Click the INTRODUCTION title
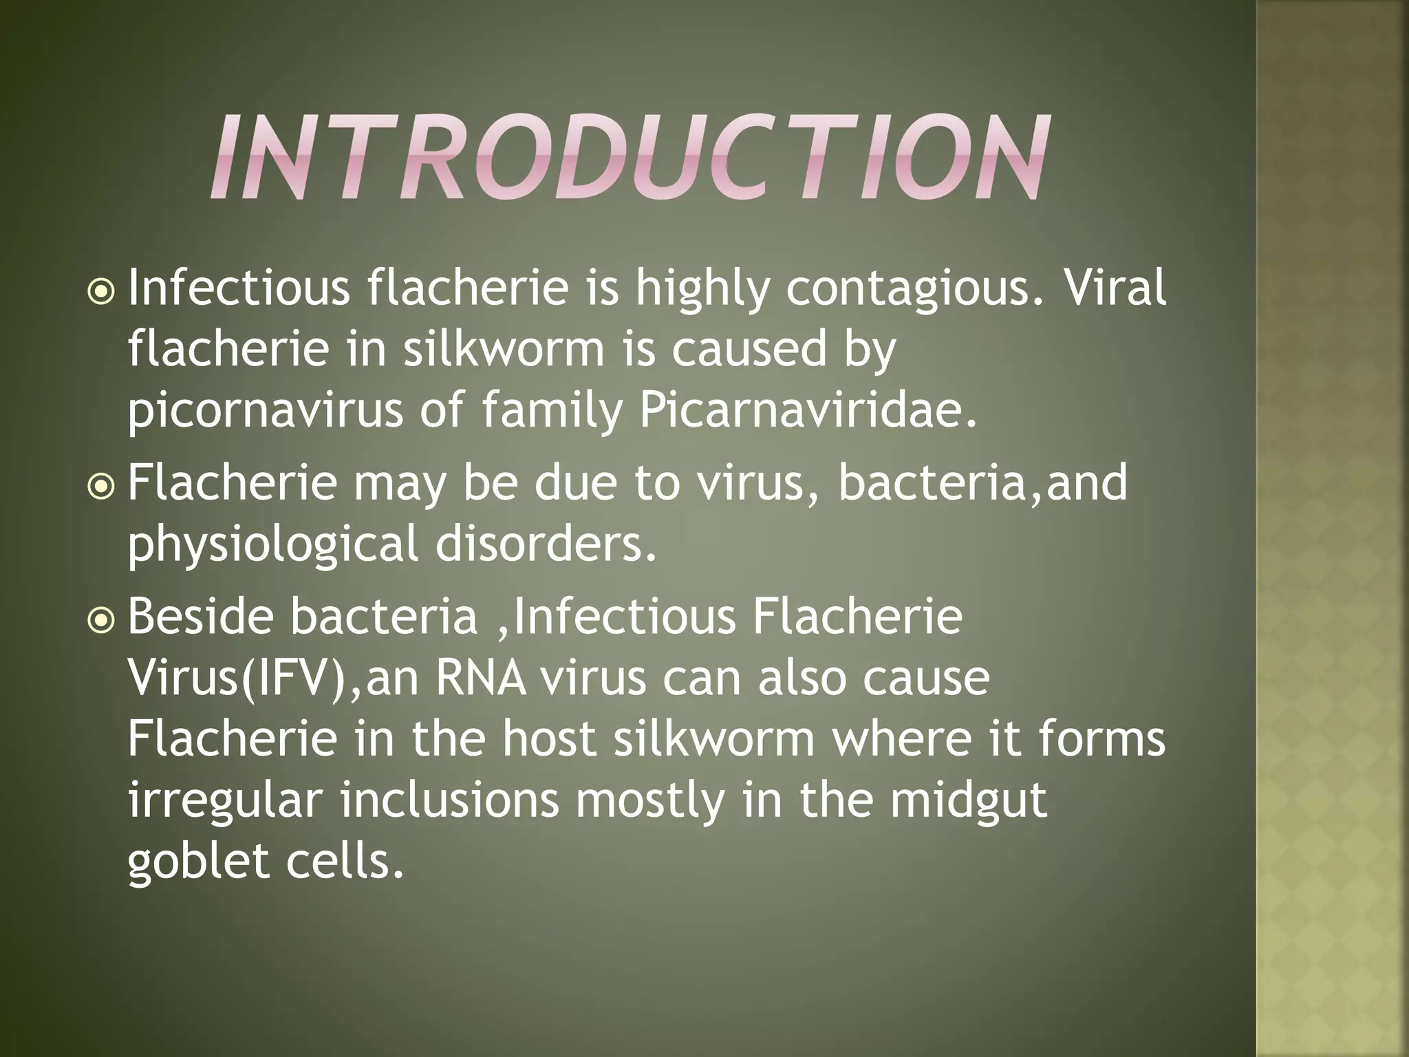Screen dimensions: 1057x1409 click(630, 158)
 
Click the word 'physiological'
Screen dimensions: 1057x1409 click(272, 544)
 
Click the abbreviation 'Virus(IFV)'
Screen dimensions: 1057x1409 click(241, 679)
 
